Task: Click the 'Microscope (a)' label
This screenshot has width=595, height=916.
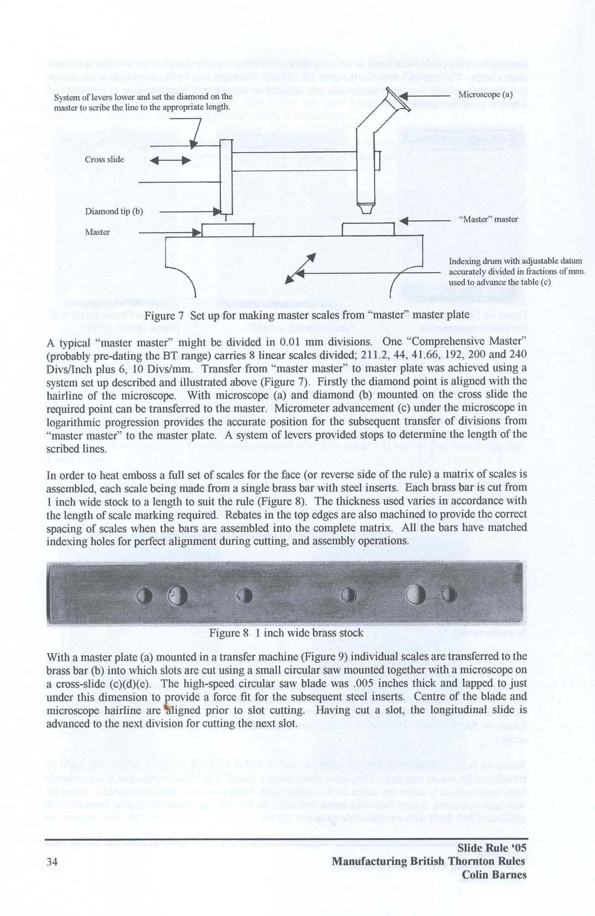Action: coord(485,94)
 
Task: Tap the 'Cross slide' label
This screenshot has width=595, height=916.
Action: coord(104,160)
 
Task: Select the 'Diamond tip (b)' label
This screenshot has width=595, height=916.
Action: coord(114,211)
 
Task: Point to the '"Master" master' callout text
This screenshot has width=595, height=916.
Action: coord(488,219)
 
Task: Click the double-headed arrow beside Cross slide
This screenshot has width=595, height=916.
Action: coord(170,160)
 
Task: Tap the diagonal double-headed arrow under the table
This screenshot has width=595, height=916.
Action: coord(300,269)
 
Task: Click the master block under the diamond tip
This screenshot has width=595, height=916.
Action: coord(228,230)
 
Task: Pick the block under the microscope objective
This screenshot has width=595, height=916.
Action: coord(368,229)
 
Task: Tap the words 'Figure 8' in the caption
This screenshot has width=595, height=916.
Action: coord(229,633)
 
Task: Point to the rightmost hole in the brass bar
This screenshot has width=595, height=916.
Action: coord(449,594)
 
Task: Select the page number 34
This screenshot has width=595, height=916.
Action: coord(52,862)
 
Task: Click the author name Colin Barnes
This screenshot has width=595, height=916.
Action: coord(494,875)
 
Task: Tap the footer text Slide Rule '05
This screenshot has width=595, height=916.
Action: coord(492,848)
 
